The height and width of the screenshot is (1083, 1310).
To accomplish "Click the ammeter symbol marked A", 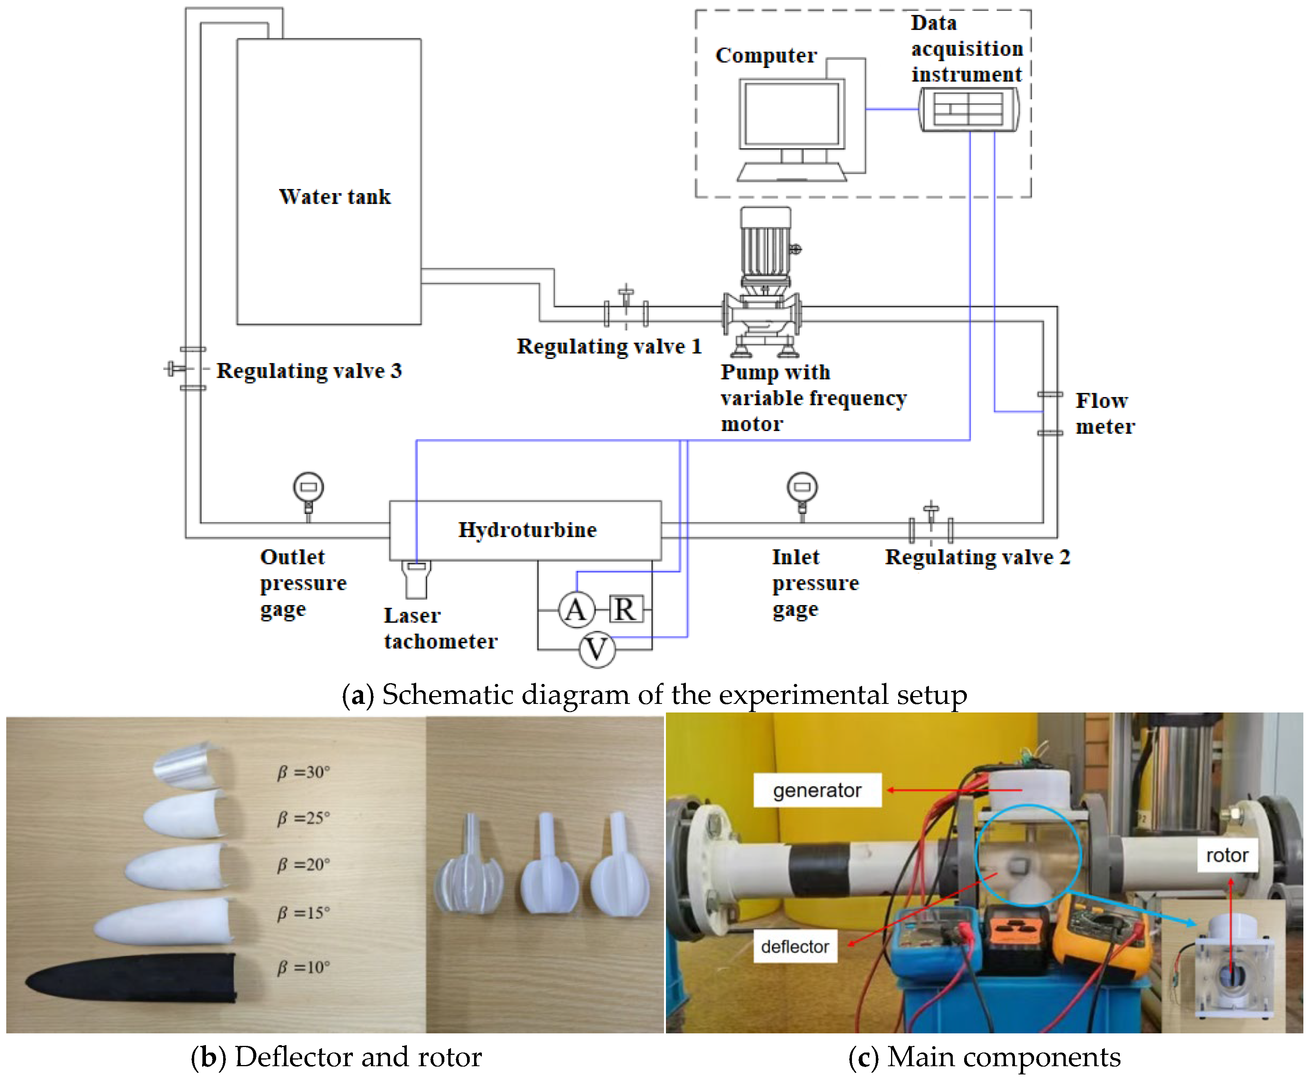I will [576, 609].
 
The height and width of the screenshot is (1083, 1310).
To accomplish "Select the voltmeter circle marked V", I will [597, 650].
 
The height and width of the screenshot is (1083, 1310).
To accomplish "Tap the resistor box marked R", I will [625, 609].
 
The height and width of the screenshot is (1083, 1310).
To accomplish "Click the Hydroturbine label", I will [527, 530].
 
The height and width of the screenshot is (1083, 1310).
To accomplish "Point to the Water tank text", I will [335, 197].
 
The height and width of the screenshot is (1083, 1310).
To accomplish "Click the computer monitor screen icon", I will [792, 114].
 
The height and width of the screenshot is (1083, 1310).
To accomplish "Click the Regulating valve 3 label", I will [309, 371].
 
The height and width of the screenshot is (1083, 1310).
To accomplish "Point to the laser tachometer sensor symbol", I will [416, 579].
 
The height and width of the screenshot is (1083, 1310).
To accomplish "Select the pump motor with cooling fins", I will [766, 246].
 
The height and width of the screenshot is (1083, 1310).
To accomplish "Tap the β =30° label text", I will [303, 772].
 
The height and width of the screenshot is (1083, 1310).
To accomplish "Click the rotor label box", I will [1226, 855].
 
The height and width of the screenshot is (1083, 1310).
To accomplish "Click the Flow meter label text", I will [1104, 414].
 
